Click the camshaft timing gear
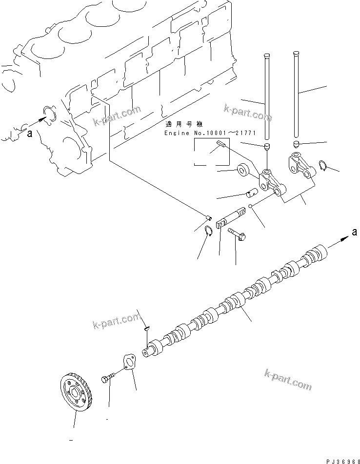pos(76,393)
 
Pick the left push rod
pos(266,97)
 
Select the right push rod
pos(295,93)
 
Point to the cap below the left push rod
pos(267,147)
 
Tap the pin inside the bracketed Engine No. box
pos(220,143)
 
